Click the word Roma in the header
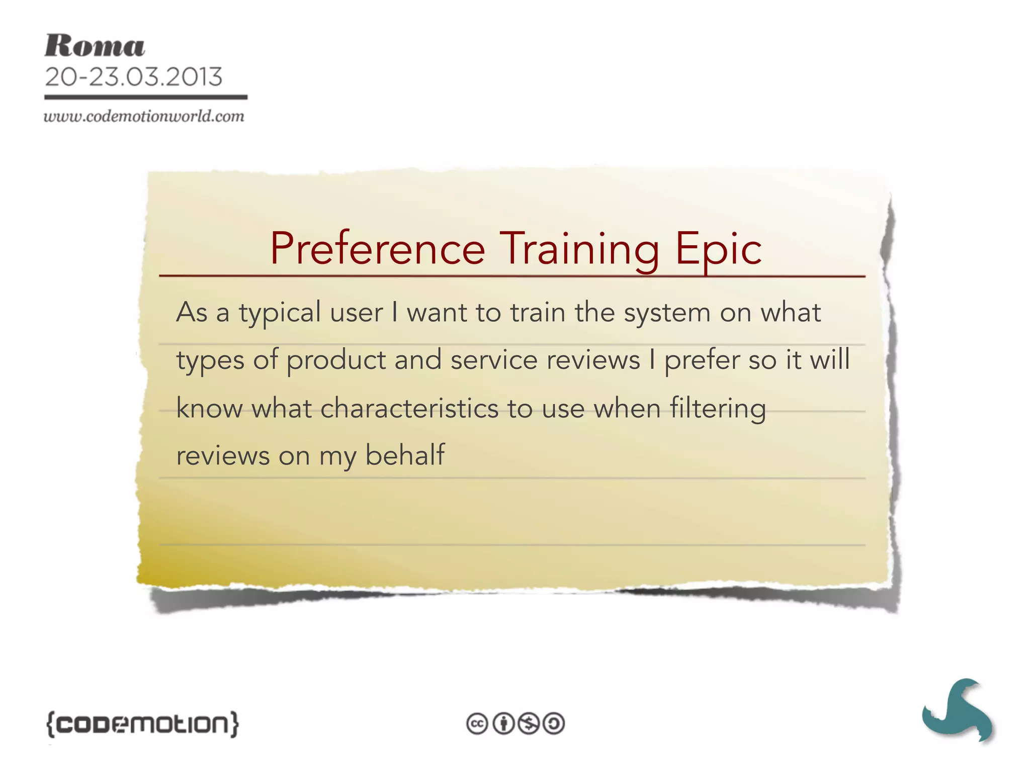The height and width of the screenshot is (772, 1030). [x=95, y=46]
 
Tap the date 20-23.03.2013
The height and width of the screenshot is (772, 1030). [x=133, y=77]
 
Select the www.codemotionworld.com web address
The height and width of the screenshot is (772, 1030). [x=144, y=117]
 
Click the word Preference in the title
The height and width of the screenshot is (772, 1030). [x=377, y=249]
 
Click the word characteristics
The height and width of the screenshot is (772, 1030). [x=409, y=408]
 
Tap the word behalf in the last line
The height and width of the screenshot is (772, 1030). [x=405, y=455]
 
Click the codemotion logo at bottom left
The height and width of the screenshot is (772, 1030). [x=142, y=724]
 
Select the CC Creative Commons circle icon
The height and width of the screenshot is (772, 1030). [x=477, y=724]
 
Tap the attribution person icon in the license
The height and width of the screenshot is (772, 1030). [x=503, y=724]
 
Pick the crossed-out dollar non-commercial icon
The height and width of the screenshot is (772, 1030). [x=529, y=724]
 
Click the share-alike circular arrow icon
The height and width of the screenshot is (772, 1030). [x=554, y=724]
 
